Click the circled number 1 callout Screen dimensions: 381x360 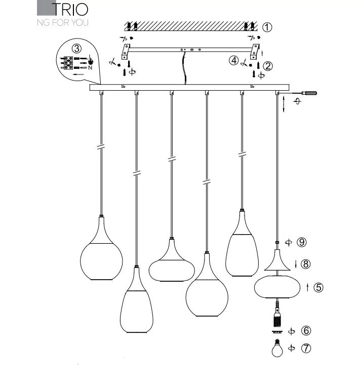point(267,27)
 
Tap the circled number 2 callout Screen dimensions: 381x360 point(268,65)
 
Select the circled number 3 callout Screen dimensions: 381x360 point(76,49)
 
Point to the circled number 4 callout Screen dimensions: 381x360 point(233,60)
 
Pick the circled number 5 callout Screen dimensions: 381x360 point(318,287)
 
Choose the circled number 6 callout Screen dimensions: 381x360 point(306,331)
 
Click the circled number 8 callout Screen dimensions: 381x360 point(305,263)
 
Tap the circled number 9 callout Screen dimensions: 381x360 point(302,242)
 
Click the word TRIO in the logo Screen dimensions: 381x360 point(70,9)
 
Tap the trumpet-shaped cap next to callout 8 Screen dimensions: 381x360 point(276,261)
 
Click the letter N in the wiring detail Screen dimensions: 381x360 point(90,67)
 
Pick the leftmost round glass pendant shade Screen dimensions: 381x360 point(101,257)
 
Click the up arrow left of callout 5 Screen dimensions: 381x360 point(308,287)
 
